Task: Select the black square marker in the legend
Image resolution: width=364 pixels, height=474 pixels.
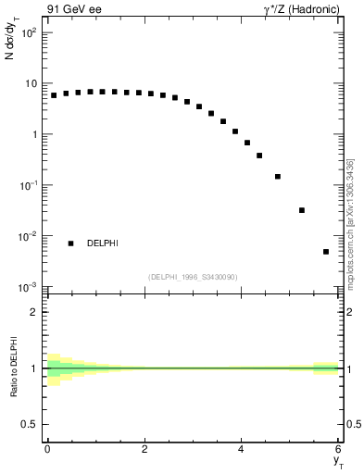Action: pos(70,243)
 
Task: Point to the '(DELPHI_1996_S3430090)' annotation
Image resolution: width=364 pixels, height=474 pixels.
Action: pos(193,276)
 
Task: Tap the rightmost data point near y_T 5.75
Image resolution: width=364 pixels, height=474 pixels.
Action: pos(326,252)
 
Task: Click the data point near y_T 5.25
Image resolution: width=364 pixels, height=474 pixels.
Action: pos(302,210)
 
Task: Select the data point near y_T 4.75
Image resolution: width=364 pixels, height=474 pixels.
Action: pos(278,176)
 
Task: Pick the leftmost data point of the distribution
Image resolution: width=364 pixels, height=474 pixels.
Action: pos(54,95)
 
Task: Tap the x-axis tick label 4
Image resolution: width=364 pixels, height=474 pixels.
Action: pos(242,449)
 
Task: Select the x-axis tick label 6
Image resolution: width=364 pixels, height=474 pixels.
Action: pos(339,449)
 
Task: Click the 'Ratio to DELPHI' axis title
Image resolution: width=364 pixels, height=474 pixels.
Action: pos(13,368)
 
